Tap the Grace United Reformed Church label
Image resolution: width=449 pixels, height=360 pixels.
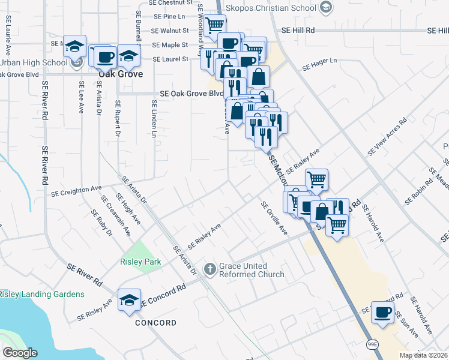[252, 270]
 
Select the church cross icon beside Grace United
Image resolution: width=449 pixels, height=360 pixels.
[210, 269]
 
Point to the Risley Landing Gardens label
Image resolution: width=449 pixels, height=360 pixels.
[42, 294]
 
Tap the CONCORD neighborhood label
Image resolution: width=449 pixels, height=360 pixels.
[155, 323]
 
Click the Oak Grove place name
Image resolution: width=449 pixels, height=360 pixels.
[121, 74]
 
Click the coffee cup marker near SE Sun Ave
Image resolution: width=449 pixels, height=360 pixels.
[382, 312]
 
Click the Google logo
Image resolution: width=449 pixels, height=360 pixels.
[20, 353]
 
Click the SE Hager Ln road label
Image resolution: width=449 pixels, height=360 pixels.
[320, 64]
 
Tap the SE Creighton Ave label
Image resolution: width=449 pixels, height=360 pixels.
[76, 191]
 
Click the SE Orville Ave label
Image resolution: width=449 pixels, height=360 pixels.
[274, 218]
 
